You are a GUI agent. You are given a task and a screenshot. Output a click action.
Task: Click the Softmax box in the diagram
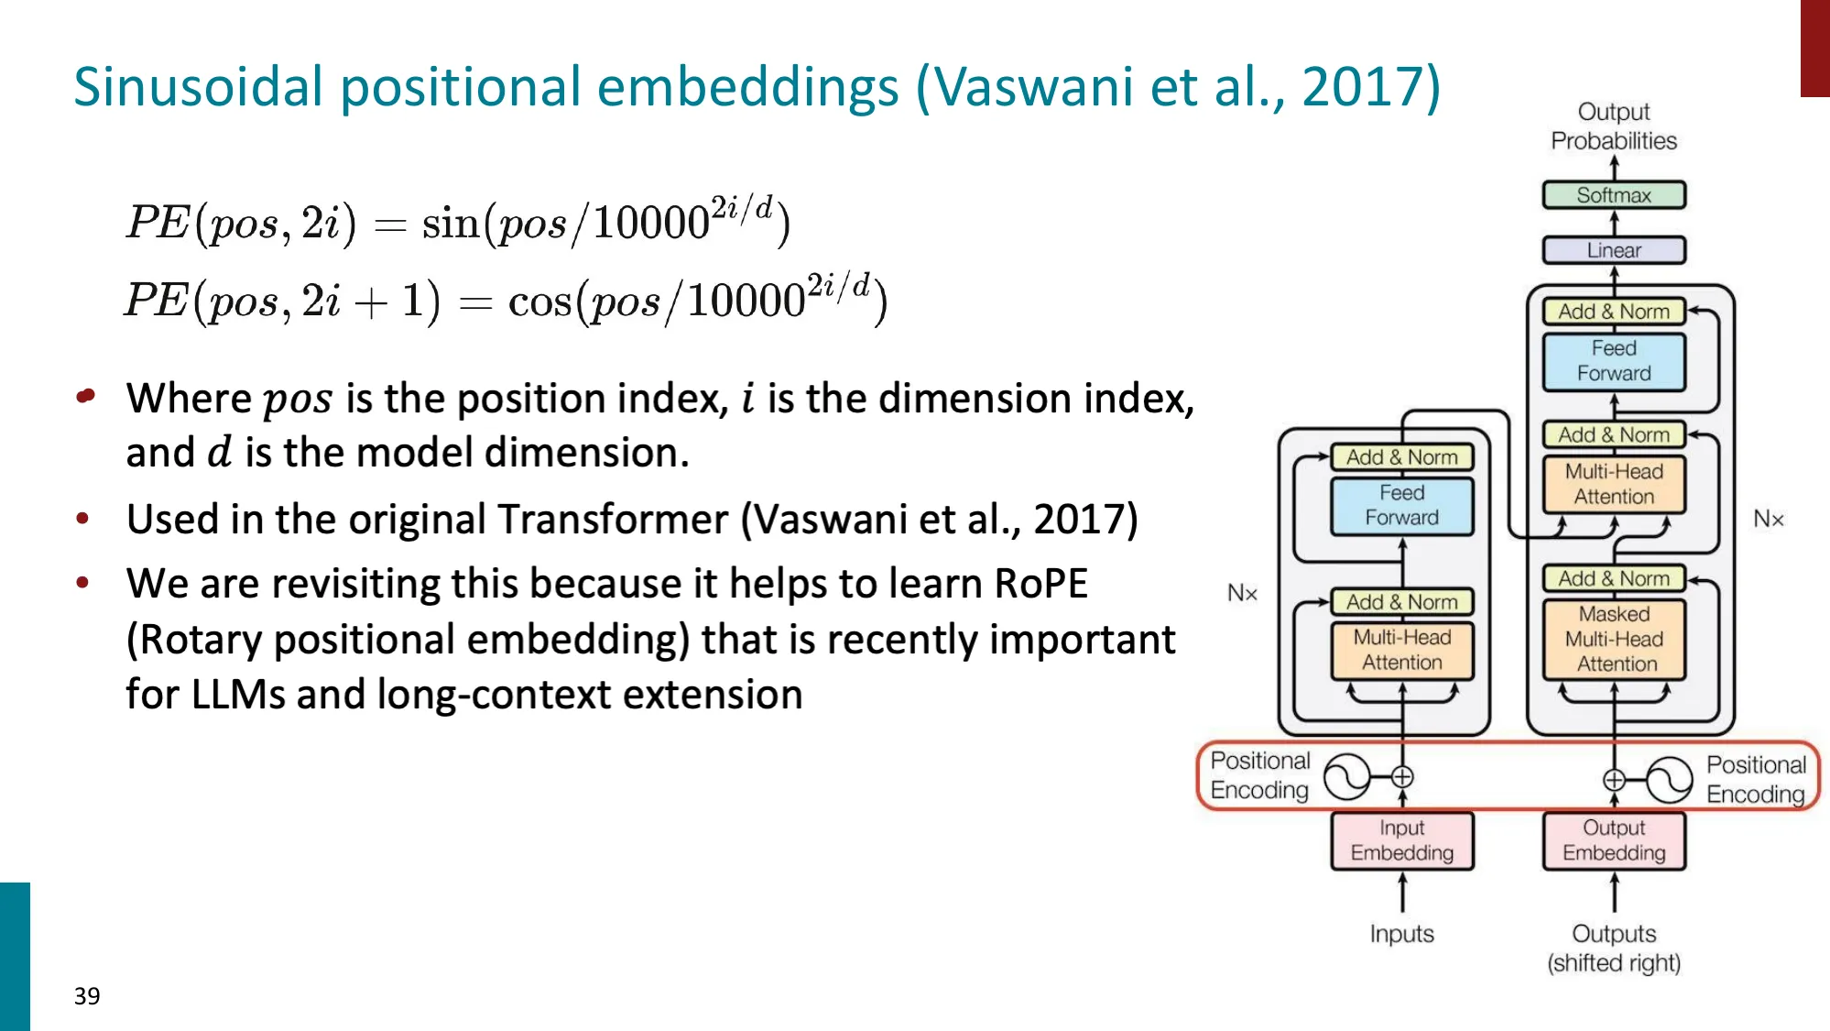[1614, 195]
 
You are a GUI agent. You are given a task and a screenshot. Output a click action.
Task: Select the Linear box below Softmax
[1614, 250]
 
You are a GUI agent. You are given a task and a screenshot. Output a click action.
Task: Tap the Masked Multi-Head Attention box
[1614, 639]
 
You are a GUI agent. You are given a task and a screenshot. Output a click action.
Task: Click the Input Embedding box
[1401, 840]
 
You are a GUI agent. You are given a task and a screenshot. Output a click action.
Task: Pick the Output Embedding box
[1614, 840]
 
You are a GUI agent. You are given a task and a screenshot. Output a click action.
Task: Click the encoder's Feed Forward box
[1401, 505]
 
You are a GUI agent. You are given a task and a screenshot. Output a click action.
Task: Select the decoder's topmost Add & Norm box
[1614, 312]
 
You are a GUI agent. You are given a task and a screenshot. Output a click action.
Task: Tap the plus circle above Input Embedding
[1402, 777]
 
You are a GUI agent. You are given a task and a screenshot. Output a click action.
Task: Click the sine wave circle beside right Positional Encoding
[1669, 780]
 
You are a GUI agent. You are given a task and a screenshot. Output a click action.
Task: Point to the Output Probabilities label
[1614, 126]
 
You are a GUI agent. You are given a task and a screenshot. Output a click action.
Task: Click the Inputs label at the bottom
[1401, 934]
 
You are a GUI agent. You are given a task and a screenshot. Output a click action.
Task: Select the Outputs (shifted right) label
[1614, 949]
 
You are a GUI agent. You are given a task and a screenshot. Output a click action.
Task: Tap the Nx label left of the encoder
[1242, 593]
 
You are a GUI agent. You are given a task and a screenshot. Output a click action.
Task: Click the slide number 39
[87, 996]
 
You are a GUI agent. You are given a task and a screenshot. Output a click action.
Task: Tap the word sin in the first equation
[450, 224]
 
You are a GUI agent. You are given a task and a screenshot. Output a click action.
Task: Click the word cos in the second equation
[539, 302]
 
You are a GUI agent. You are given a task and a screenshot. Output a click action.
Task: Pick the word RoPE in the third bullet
[1040, 584]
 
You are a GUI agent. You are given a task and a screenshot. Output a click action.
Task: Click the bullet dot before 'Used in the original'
[83, 519]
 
